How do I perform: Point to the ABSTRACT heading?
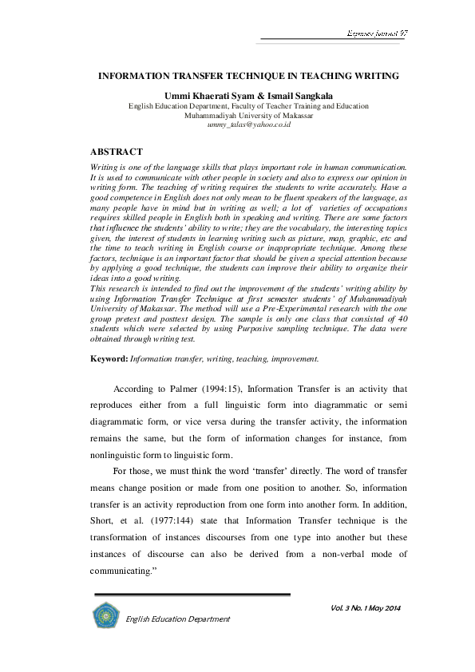[117, 150]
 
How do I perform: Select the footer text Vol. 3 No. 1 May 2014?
[364, 610]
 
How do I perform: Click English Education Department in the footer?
[178, 619]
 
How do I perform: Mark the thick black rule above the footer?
[192, 595]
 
